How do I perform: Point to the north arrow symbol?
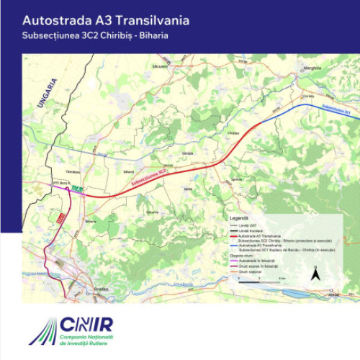(x=315, y=273)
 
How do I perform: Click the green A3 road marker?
(x=77, y=189)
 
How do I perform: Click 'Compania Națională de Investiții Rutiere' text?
(x=86, y=341)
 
